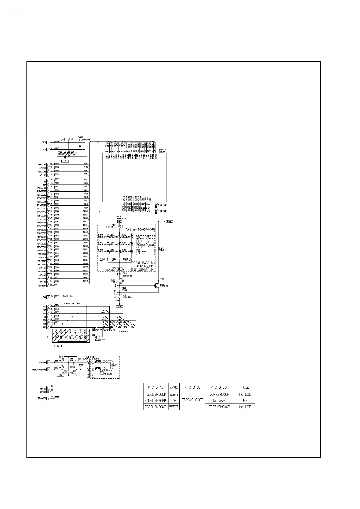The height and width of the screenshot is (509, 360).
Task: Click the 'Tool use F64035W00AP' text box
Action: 140,229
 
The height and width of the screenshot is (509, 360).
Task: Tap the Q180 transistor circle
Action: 121,281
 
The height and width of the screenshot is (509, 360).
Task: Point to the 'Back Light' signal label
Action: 67,296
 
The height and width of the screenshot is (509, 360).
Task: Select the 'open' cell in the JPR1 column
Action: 174,394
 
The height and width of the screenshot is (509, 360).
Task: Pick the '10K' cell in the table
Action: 174,400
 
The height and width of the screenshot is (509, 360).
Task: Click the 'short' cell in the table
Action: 174,407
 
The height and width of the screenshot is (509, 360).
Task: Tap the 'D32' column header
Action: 244,387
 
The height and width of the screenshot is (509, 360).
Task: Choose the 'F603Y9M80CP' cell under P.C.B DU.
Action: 192,400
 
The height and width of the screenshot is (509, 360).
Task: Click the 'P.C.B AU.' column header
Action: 156,387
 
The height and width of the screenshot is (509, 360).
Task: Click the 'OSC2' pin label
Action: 44,142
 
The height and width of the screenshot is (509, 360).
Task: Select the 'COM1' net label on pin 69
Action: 86,164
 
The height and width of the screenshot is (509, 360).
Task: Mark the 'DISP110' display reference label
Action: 163,149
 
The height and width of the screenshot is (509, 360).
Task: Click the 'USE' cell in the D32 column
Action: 244,400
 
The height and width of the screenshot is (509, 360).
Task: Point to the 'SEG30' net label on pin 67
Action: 86,281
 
